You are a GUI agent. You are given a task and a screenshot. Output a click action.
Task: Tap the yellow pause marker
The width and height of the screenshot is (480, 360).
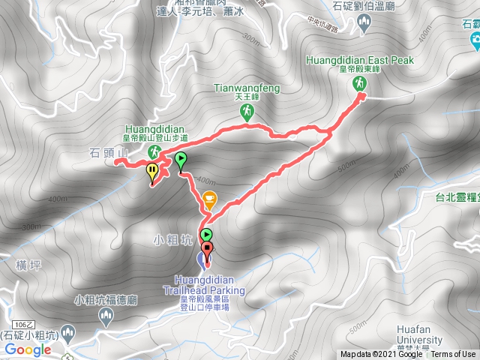coord(152,170)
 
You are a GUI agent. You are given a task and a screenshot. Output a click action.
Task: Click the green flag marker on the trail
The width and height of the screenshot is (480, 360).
coord(180,159)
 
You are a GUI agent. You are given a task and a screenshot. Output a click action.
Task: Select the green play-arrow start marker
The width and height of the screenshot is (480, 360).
coord(205,235)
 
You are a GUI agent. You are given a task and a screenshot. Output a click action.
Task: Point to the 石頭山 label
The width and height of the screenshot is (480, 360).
coord(109,153)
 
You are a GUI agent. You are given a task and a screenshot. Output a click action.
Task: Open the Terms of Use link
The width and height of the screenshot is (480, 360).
coord(452,355)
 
